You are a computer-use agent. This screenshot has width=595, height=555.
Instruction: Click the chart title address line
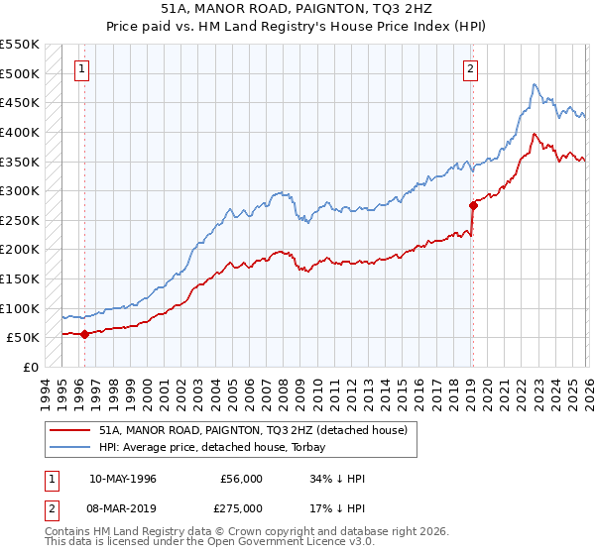[x=297, y=7]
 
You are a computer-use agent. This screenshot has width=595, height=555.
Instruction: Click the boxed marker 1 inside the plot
[x=80, y=69]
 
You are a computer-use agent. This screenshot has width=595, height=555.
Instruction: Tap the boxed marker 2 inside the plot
[x=469, y=69]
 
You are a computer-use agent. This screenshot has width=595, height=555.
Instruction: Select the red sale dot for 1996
[x=84, y=334]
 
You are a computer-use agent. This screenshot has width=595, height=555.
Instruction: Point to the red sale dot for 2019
[x=473, y=205]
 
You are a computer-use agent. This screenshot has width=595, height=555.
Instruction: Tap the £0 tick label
[x=31, y=367]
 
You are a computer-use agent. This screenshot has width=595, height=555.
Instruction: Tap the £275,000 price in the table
[x=242, y=507]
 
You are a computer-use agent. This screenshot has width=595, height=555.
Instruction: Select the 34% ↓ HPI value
[x=338, y=479]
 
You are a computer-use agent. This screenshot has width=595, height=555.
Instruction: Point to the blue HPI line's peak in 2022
[x=534, y=85]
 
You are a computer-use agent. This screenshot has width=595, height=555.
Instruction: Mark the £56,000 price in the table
[x=242, y=479]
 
